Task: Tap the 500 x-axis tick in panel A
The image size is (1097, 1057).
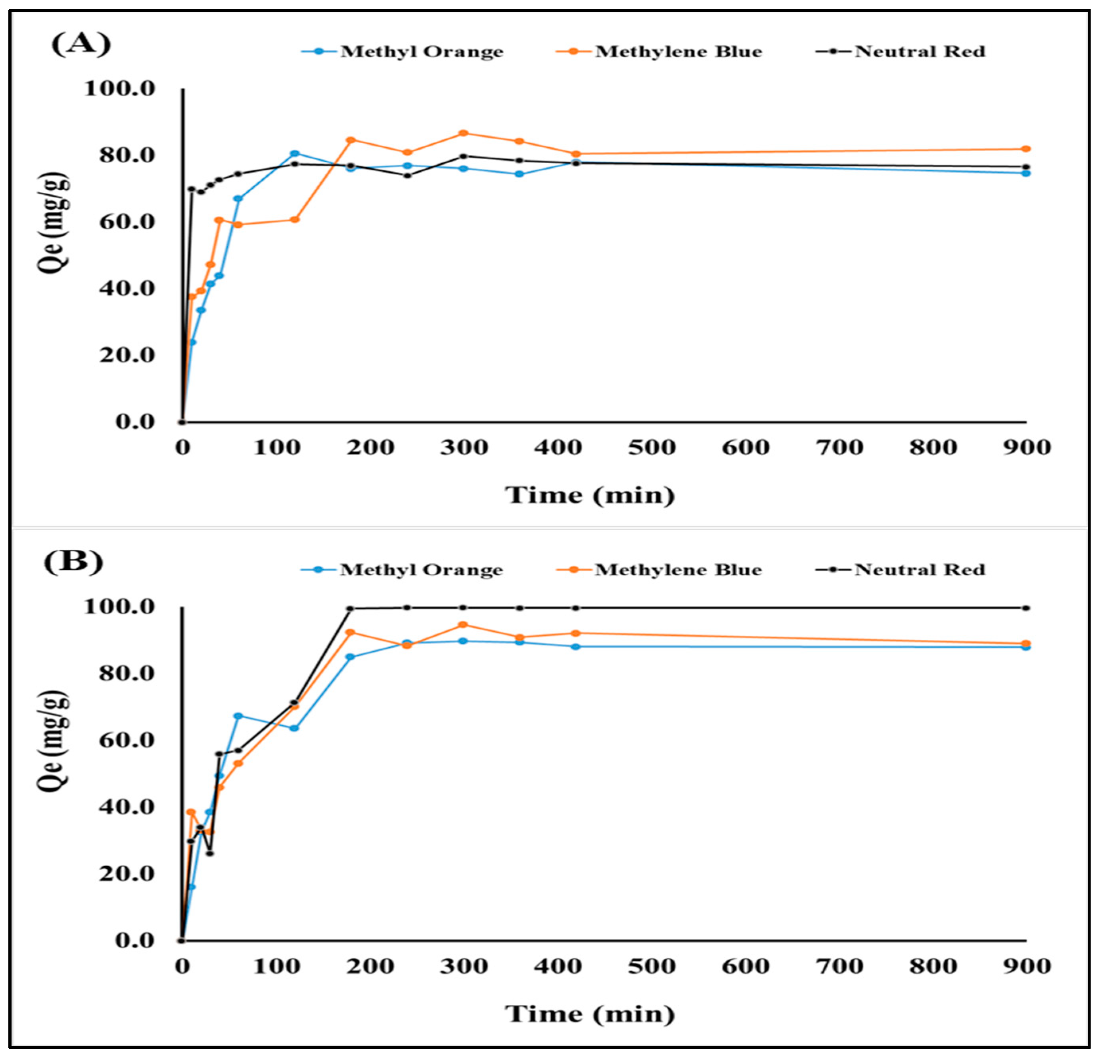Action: (x=652, y=447)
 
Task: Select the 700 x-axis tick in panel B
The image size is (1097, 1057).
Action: (x=839, y=966)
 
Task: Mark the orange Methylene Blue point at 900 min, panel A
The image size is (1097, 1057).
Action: (x=1025, y=149)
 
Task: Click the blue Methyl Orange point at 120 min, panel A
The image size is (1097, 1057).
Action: (x=295, y=153)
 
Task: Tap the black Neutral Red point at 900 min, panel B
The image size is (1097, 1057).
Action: (x=1025, y=608)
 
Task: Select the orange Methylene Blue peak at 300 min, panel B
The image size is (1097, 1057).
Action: (x=463, y=625)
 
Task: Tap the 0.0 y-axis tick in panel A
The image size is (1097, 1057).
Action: (x=134, y=422)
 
